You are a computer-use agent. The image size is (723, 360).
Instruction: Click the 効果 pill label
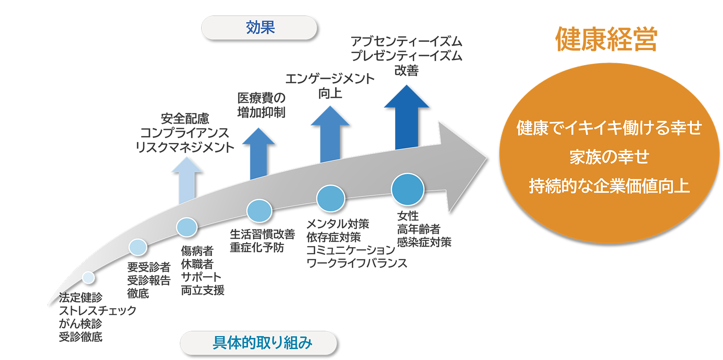pyautogui.click(x=260, y=28)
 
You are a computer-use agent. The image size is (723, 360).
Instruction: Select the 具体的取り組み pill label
pyautogui.click(x=262, y=343)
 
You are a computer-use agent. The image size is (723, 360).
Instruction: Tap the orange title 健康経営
pyautogui.click(x=606, y=40)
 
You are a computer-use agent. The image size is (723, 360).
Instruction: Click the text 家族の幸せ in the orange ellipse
pyautogui.click(x=609, y=157)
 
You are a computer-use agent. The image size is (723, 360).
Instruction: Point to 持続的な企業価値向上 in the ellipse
pyautogui.click(x=609, y=186)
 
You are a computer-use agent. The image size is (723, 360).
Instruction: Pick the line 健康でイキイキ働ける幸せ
pyautogui.click(x=609, y=128)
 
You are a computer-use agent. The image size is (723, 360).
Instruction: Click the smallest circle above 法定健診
pyautogui.click(x=88, y=277)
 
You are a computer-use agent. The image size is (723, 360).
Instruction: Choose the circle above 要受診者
pyautogui.click(x=138, y=247)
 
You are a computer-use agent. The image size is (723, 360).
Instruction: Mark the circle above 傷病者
pyautogui.click(x=187, y=227)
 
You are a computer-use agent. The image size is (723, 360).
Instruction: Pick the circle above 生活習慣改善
pyautogui.click(x=259, y=210)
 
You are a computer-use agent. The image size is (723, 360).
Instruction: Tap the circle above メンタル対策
pyautogui.click(x=330, y=198)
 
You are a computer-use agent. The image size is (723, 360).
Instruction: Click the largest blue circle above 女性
pyautogui.click(x=408, y=189)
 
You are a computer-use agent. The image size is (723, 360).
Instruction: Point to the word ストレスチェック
pyautogui.click(x=97, y=310)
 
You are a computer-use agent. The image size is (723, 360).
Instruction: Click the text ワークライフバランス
pyautogui.click(x=357, y=263)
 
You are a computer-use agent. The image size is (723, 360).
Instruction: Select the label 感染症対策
pyautogui.click(x=424, y=242)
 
